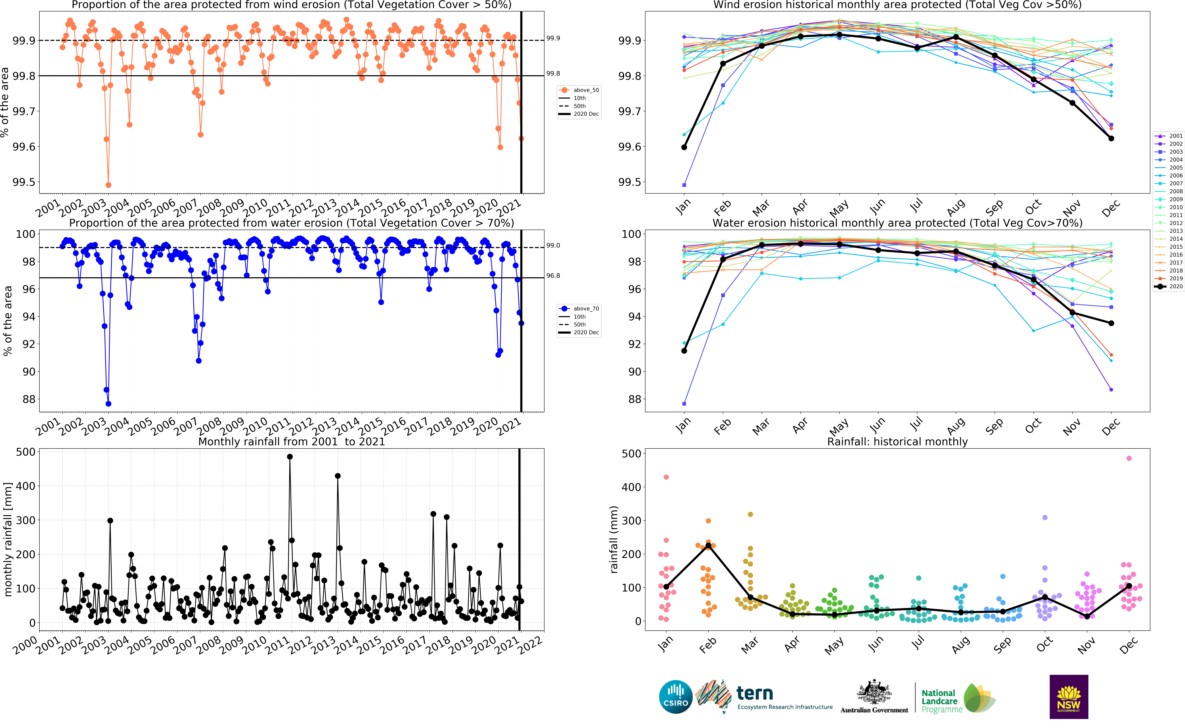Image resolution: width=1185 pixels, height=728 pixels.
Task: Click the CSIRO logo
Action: click(676, 697)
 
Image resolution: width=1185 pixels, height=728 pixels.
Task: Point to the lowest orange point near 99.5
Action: click(108, 185)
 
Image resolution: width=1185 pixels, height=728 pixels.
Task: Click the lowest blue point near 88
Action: click(108, 403)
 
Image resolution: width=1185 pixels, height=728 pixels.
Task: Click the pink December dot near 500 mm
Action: click(1129, 458)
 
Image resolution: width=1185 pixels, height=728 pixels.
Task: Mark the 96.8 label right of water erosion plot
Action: click(553, 276)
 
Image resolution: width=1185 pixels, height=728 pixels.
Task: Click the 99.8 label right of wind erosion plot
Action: click(553, 74)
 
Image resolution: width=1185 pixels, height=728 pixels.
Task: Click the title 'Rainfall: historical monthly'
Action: click(897, 442)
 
